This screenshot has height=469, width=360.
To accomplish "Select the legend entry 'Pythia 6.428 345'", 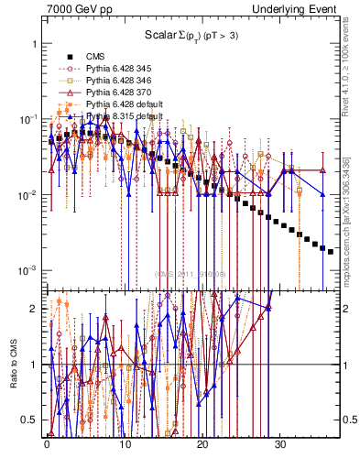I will tap(122, 69).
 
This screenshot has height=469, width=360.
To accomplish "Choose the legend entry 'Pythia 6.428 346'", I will tap(122, 81).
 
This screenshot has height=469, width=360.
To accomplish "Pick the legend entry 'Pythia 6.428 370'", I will tap(122, 93).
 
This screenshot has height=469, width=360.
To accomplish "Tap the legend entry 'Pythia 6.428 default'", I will tap(126, 104).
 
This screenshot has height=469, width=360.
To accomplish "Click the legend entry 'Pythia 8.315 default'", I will tap(126, 116).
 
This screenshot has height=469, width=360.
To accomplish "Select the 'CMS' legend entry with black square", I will tap(94, 57).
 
